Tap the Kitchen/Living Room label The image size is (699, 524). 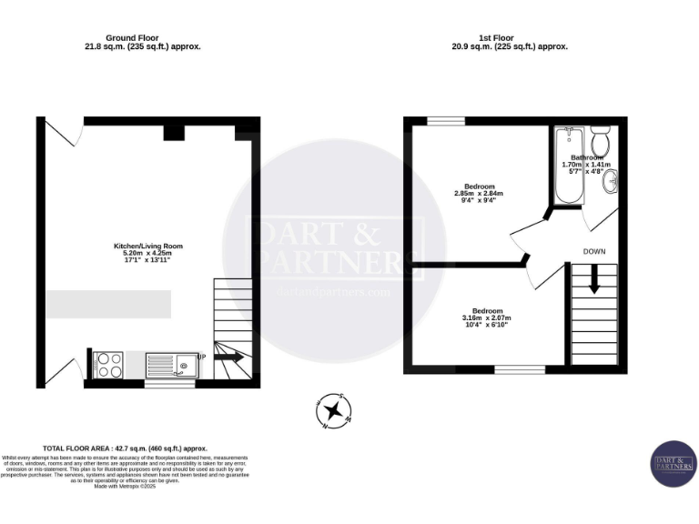point(141,252)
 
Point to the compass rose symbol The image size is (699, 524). point(333,410)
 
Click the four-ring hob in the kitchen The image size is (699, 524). point(109,365)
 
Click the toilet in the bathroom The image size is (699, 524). point(600,143)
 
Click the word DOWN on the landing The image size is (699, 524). point(593,250)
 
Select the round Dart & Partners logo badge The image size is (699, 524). point(674,464)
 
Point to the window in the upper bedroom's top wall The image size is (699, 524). point(441,120)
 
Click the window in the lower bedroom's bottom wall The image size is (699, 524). point(520,369)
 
